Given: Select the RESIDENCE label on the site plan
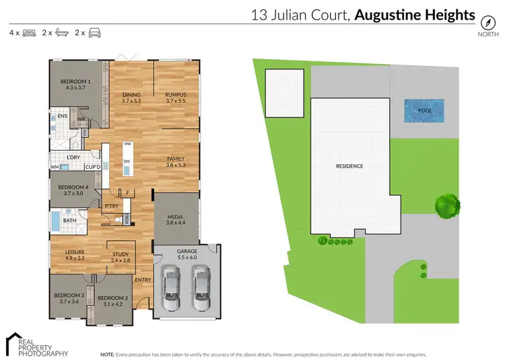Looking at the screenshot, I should (350, 166).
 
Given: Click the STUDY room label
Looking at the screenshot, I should (121, 254).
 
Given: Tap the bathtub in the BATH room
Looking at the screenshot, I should (55, 221).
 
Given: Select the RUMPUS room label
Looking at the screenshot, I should (176, 95).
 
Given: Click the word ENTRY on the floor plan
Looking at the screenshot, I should (143, 280).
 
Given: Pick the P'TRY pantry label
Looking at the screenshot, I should (112, 206).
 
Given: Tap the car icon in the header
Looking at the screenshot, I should (96, 32).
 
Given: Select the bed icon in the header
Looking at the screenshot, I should (28, 32).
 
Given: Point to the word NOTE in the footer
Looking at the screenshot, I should (107, 353).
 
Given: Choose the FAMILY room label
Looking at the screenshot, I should (176, 159).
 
